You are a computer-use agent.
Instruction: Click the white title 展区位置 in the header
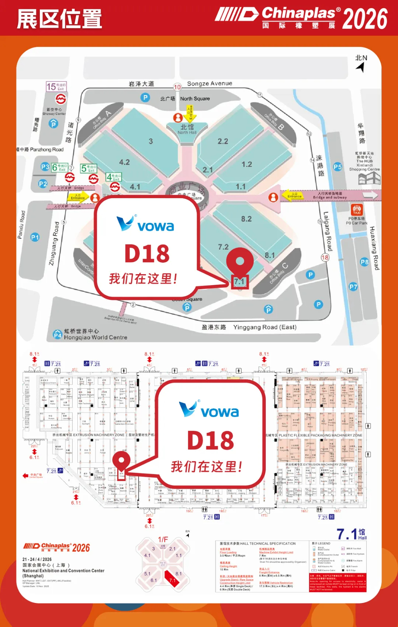click(x=59, y=19)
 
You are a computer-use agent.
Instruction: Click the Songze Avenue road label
click(x=209, y=84)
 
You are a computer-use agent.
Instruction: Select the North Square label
click(x=195, y=99)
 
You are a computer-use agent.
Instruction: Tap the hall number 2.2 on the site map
click(x=223, y=141)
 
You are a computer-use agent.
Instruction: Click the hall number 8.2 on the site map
click(x=246, y=219)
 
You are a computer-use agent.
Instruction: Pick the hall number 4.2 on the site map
click(x=124, y=162)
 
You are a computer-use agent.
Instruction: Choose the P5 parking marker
click(x=337, y=167)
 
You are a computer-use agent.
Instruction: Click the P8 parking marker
click(x=364, y=262)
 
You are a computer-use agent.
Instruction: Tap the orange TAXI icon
click(x=356, y=210)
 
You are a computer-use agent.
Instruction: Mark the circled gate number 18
click(x=325, y=257)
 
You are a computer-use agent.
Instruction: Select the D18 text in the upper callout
click(x=147, y=254)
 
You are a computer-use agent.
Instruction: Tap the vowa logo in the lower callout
click(x=209, y=410)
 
